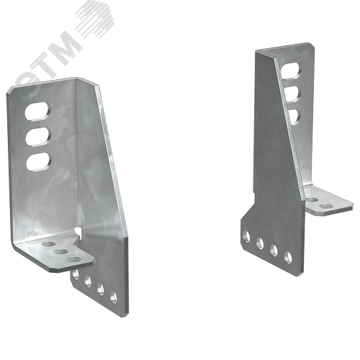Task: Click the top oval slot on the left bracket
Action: coord(37,111)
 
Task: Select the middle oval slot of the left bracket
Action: coord(38,136)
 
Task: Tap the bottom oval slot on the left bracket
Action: coord(39,161)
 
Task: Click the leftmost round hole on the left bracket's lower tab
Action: coord(76,275)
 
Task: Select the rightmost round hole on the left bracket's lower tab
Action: coord(113,297)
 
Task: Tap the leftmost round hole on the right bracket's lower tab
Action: coord(246,236)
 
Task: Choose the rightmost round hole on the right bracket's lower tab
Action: coord(288,257)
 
